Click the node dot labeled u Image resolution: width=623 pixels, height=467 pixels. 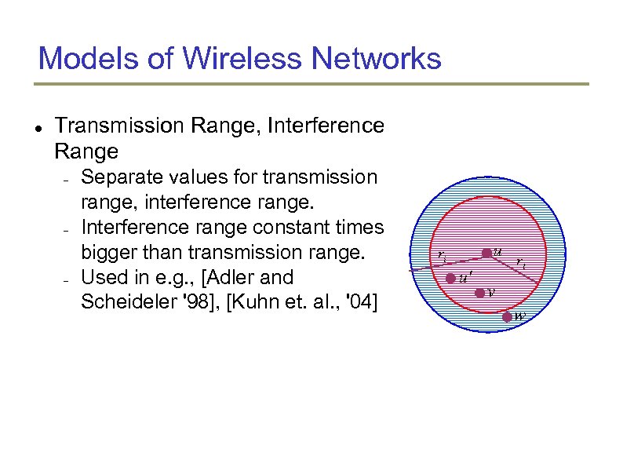click(486, 253)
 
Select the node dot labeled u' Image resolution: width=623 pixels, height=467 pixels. click(450, 279)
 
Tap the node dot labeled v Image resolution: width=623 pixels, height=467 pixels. click(479, 294)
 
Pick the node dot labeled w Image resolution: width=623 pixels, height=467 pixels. click(508, 316)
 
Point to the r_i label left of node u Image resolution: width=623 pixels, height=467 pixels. click(443, 256)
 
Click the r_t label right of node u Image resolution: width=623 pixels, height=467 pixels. click(521, 265)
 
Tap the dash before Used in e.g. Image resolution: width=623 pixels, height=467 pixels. click(68, 279)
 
